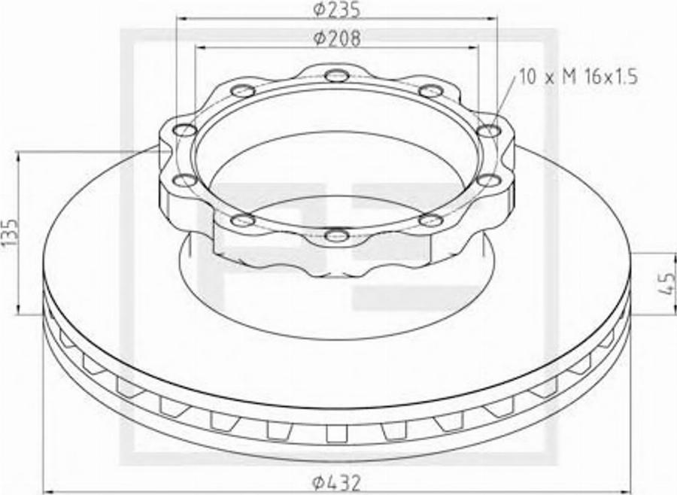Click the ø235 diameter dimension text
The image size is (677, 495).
coord(336,11)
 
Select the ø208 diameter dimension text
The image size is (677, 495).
coord(336,38)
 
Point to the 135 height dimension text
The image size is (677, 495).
coord(10,232)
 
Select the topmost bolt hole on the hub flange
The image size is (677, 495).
coord(336,75)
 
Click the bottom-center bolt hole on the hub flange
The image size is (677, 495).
coord(336,235)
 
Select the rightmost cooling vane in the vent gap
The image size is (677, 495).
coord(606,339)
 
